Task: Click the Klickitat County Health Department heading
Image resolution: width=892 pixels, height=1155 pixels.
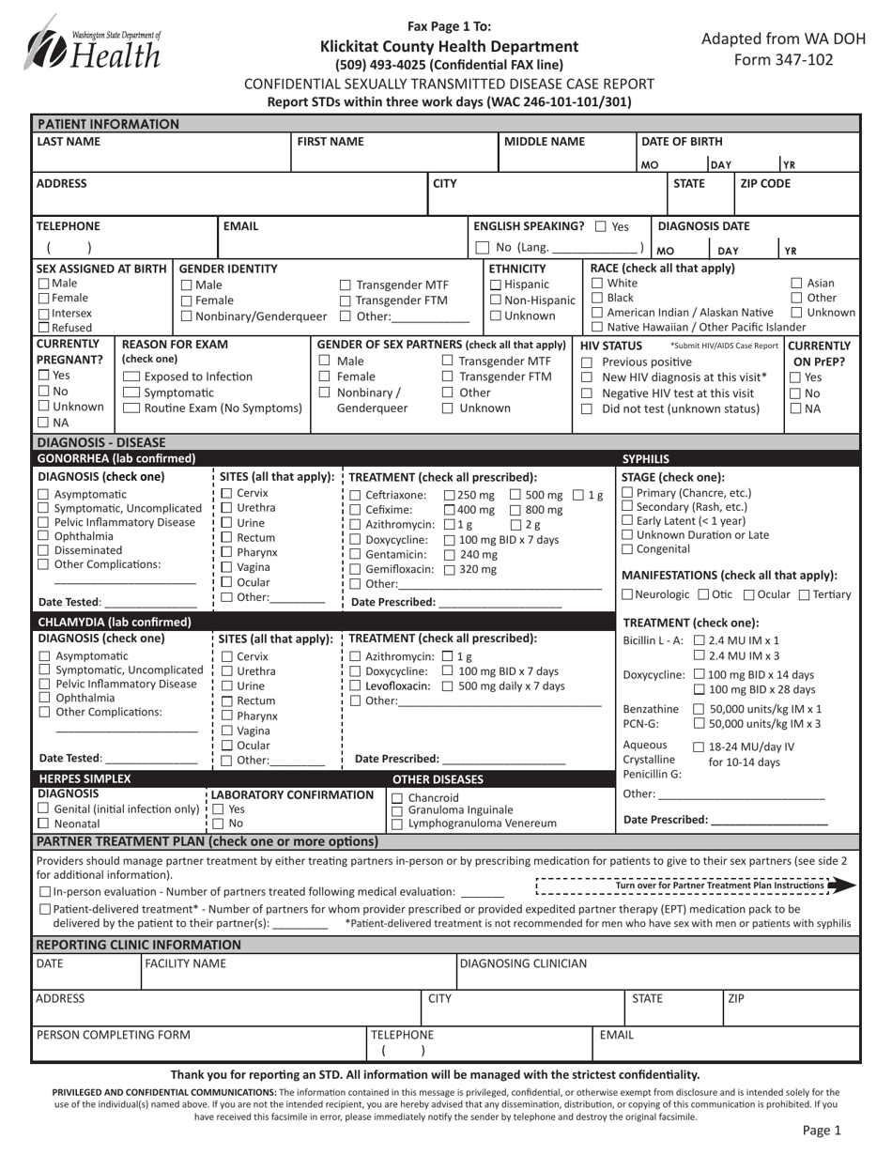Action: pyautogui.click(x=449, y=46)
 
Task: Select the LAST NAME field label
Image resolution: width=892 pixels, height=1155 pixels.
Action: pyautogui.click(x=68, y=142)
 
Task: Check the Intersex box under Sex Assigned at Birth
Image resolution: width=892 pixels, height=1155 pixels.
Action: pyautogui.click(x=43, y=314)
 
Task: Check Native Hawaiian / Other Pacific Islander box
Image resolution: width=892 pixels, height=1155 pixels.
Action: pyautogui.click(x=597, y=327)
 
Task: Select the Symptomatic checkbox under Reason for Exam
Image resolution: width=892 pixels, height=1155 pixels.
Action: pyautogui.click(x=131, y=393)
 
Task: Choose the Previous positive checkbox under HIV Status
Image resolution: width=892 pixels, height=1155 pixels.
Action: pyautogui.click(x=587, y=362)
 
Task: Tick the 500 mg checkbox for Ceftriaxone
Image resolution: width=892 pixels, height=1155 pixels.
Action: pyautogui.click(x=515, y=495)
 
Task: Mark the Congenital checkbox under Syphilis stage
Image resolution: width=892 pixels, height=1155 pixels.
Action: pyautogui.click(x=628, y=549)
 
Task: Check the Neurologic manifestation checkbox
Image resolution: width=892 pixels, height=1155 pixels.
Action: pyautogui.click(x=627, y=594)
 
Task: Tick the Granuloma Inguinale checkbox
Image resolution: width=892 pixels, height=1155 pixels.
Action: pyautogui.click(x=396, y=810)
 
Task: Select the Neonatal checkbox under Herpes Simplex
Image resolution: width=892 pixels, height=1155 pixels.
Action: pyautogui.click(x=43, y=824)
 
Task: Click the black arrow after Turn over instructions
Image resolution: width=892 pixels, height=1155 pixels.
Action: pyautogui.click(x=843, y=885)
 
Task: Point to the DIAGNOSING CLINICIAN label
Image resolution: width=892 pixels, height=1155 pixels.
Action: pyautogui.click(x=523, y=962)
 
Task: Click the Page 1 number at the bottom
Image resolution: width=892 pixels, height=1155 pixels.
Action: pyautogui.click(x=822, y=1132)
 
